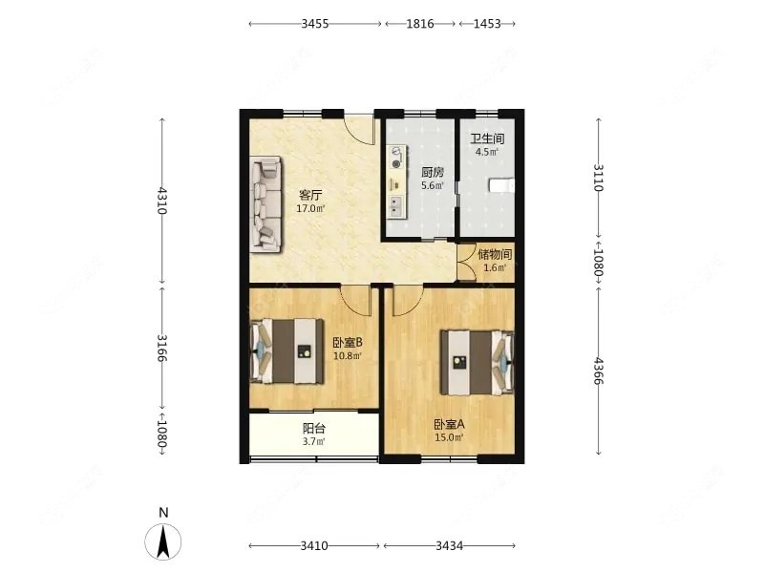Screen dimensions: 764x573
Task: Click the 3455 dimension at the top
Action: (x=315, y=23)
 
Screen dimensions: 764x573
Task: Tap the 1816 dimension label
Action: (x=420, y=23)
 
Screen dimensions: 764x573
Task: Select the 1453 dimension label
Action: (x=487, y=23)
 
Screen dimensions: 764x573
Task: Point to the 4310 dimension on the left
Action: (x=162, y=201)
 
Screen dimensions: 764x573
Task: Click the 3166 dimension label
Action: (x=162, y=348)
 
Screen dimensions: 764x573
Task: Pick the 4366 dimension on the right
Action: (x=599, y=371)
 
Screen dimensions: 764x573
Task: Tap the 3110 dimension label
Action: (x=599, y=178)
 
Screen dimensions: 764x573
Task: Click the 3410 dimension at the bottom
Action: (x=314, y=545)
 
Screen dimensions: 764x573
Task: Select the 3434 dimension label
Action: (x=449, y=545)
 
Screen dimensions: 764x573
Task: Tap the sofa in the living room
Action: (x=266, y=204)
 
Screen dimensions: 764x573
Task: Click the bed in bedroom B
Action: (x=287, y=351)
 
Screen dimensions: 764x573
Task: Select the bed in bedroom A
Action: (x=477, y=363)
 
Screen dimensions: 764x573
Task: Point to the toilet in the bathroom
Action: (x=501, y=185)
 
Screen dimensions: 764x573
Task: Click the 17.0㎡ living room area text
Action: (x=311, y=209)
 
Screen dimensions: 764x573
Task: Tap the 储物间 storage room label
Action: (x=495, y=254)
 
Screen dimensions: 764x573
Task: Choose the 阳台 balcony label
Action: (x=314, y=428)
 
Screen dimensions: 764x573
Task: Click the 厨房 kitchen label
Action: (x=433, y=172)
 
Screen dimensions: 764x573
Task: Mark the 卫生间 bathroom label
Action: (x=487, y=138)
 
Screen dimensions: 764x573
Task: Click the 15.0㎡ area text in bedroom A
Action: (x=449, y=437)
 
